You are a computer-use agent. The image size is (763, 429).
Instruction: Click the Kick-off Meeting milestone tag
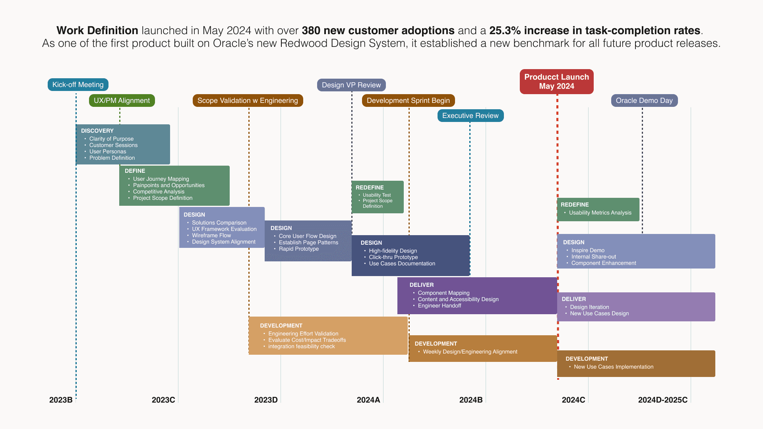pyautogui.click(x=78, y=85)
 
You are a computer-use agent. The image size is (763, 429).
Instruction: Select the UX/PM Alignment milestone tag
pyautogui.click(x=122, y=100)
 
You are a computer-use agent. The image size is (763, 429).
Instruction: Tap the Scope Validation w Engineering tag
pyautogui.click(x=248, y=100)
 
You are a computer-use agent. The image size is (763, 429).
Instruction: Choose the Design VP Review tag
pyautogui.click(x=351, y=85)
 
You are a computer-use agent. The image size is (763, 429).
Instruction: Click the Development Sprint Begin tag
pyautogui.click(x=408, y=100)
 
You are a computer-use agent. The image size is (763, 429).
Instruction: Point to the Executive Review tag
pyautogui.click(x=470, y=116)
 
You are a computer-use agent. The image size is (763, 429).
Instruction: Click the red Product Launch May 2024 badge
pyautogui.click(x=556, y=81)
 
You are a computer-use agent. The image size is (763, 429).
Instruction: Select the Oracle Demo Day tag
pyautogui.click(x=644, y=100)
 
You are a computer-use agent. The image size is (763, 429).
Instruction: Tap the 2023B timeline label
pyautogui.click(x=61, y=400)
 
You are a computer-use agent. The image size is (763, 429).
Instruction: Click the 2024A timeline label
pyautogui.click(x=368, y=400)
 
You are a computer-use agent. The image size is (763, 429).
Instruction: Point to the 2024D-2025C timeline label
pyautogui.click(x=662, y=400)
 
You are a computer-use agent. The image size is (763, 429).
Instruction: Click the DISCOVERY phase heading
pyautogui.click(x=97, y=131)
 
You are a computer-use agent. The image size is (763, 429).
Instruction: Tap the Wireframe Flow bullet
pyautogui.click(x=211, y=235)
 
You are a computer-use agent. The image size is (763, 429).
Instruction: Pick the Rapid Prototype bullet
pyautogui.click(x=299, y=249)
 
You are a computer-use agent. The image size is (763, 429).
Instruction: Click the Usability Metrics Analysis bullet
pyautogui.click(x=600, y=213)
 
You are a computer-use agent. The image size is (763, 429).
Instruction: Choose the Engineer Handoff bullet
pyautogui.click(x=440, y=305)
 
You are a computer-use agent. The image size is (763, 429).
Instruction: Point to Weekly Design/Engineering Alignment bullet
pyautogui.click(x=470, y=352)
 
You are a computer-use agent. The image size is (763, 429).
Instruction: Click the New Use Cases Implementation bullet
pyautogui.click(x=614, y=367)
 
